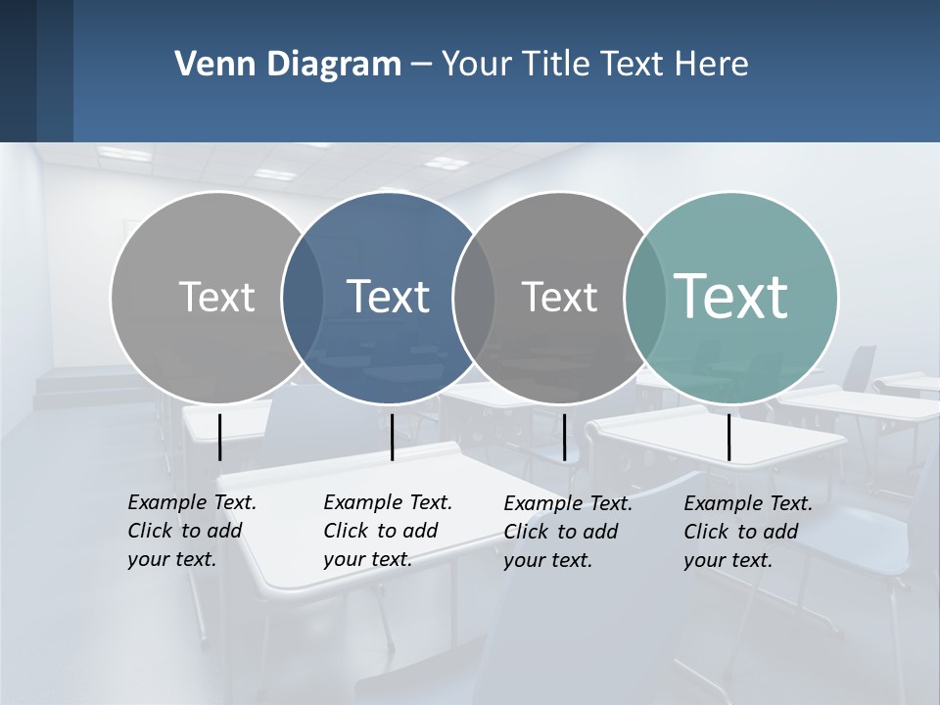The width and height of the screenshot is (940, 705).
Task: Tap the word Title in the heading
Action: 555,64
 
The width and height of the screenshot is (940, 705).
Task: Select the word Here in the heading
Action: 712,64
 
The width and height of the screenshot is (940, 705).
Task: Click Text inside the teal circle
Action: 731,296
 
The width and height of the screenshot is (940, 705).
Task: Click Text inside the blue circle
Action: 389,297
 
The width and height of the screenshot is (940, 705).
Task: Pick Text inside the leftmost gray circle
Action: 216,297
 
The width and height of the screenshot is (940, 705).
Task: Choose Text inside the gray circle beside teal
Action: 559,297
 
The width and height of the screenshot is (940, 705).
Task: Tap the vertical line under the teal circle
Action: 728,437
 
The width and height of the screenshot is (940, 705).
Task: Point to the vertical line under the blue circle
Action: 392,437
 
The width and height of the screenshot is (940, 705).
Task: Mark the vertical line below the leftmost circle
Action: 219,437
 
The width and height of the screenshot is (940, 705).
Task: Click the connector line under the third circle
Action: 564,437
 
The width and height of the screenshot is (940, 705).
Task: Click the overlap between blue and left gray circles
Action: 303,297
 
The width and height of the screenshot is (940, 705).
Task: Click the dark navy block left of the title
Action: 36,70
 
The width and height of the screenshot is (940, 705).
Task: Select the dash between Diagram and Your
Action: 421,66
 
